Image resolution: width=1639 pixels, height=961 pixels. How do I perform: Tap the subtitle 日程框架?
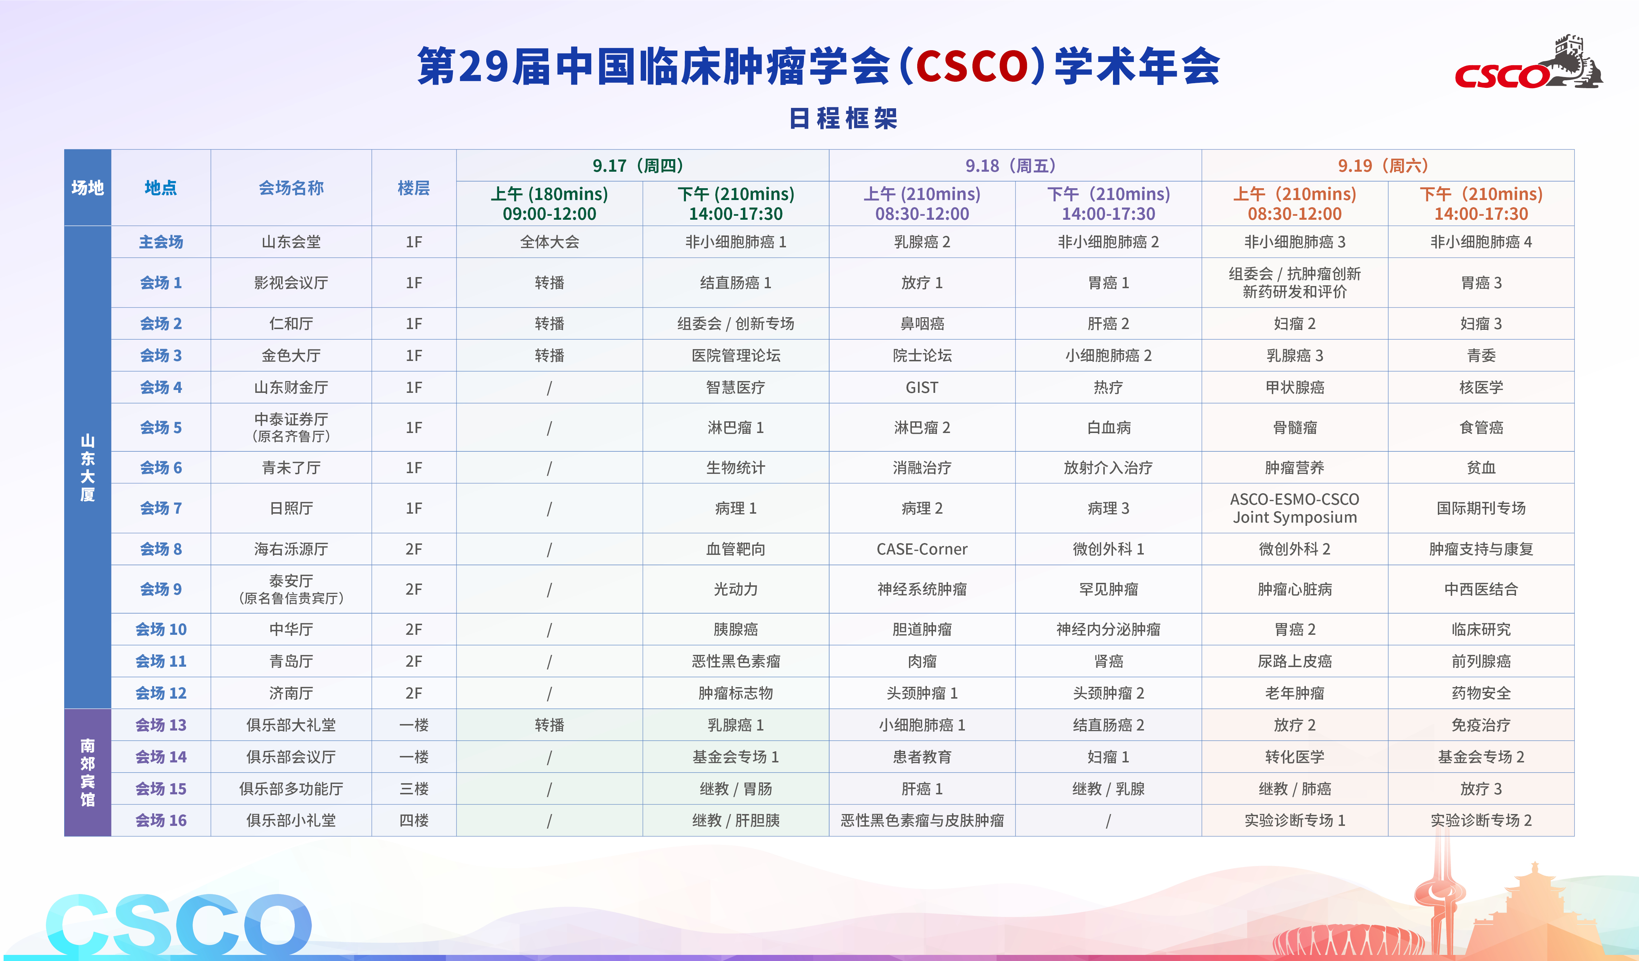[x=844, y=118]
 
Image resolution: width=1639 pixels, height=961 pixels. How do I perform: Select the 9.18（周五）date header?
[x=1015, y=166]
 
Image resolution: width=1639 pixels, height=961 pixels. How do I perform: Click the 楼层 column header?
[x=414, y=188]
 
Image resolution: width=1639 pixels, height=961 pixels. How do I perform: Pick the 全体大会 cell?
[x=550, y=242]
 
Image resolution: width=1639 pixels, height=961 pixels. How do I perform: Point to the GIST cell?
[x=922, y=387]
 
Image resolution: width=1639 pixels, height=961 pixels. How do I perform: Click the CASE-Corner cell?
[x=922, y=550]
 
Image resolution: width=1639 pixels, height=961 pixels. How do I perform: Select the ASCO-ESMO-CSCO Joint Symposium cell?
[x=1295, y=508]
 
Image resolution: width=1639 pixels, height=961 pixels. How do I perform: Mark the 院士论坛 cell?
[x=922, y=356]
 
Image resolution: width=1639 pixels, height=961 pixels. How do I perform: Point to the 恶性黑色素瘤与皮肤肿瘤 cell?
[x=922, y=820]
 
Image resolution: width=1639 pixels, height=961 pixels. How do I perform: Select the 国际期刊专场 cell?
[x=1481, y=508]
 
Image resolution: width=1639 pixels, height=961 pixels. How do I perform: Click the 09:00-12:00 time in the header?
[x=550, y=214]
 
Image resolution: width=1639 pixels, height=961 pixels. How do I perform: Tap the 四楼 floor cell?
[x=414, y=820]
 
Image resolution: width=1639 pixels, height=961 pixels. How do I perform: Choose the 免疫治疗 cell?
[x=1481, y=725]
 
